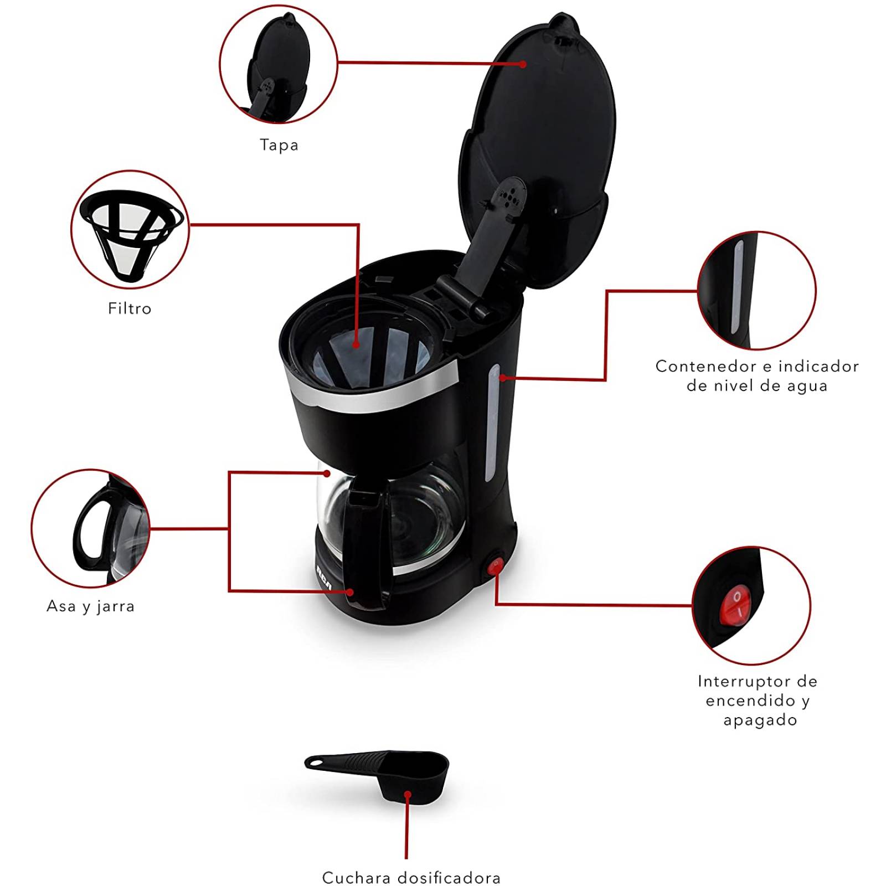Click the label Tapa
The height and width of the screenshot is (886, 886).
point(279,145)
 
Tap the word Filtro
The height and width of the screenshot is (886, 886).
point(130,308)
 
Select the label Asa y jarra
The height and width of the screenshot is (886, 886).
point(91,606)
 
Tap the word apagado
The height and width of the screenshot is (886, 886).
point(760,720)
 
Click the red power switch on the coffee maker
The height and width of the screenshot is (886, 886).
point(495,566)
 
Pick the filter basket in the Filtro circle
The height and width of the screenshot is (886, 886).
point(131,233)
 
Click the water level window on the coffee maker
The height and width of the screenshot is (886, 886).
point(492,424)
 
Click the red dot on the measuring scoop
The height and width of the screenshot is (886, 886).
point(408,795)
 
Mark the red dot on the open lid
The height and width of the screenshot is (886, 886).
point(523,64)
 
